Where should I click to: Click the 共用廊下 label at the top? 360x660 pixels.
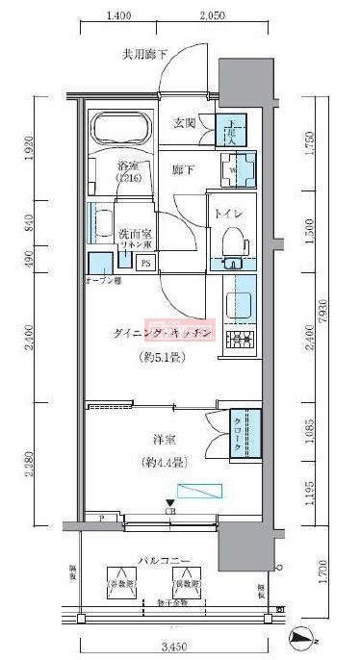(143, 55)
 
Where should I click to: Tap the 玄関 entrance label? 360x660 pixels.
(185, 123)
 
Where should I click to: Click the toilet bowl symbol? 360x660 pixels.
(231, 240)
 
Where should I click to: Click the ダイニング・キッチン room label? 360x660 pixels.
(162, 332)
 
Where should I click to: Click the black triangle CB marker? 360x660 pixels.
(170, 502)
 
